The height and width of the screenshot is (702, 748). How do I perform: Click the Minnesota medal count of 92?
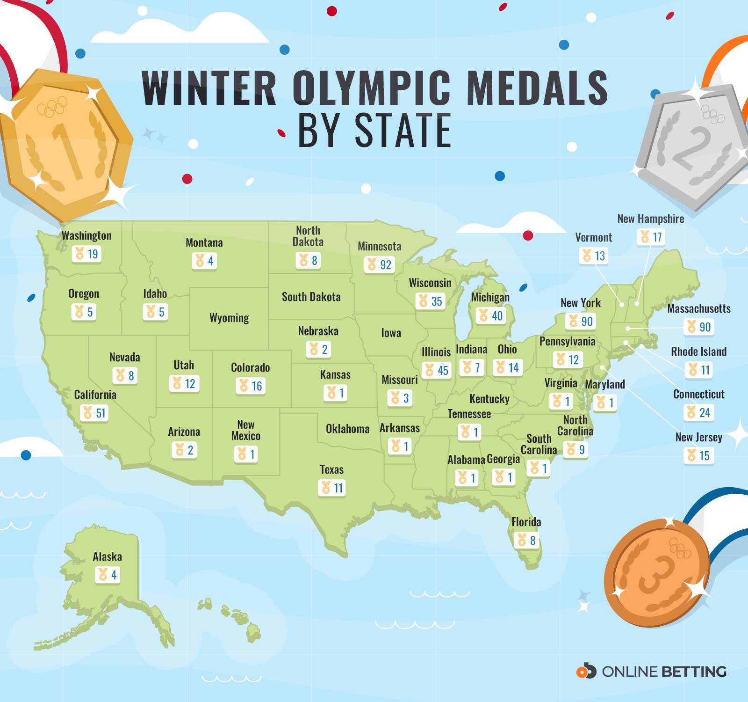[379, 265]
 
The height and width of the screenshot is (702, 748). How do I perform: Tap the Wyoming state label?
[229, 318]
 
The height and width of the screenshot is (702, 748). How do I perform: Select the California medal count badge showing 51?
[94, 413]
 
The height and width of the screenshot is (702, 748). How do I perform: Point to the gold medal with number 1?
[65, 145]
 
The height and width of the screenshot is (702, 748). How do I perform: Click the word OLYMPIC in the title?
[372, 88]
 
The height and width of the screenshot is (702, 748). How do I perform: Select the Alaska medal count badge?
[108, 575]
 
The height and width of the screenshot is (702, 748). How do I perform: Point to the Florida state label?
[526, 522]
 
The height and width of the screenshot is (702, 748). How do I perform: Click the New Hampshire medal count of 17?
[651, 237]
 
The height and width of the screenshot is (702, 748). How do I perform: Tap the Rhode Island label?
[698, 351]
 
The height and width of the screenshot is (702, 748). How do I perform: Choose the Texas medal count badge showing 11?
[332, 488]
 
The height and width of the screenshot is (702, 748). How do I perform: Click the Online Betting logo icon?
[586, 672]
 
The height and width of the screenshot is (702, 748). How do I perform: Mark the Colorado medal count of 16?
[251, 386]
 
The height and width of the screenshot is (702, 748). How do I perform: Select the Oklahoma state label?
[347, 429]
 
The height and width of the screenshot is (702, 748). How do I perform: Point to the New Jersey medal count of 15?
[698, 455]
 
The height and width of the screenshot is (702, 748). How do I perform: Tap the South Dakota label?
[311, 297]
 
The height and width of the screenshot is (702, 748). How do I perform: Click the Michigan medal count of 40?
[490, 316]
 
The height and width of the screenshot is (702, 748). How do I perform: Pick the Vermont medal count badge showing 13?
[593, 256]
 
